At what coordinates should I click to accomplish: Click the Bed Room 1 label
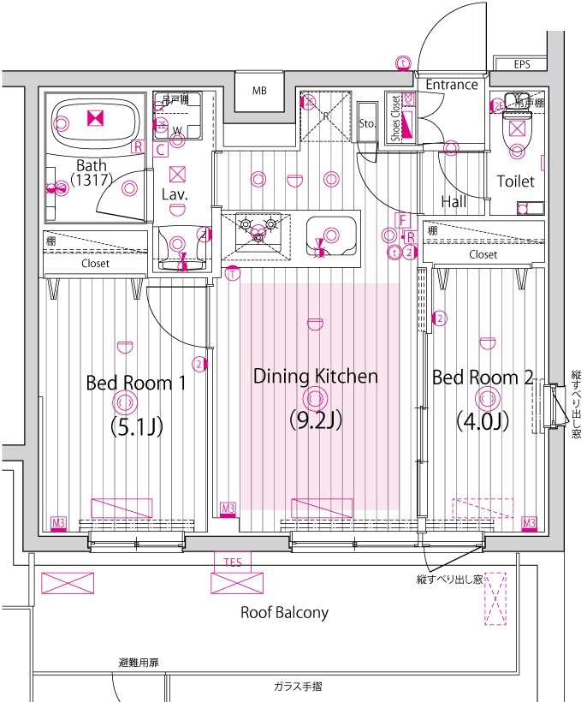pyautogui.click(x=136, y=382)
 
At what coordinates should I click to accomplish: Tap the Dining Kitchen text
pyautogui.click(x=316, y=376)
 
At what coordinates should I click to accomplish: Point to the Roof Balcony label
pyautogui.click(x=283, y=612)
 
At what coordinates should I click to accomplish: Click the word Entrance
pyautogui.click(x=451, y=85)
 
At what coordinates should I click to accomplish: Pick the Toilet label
pyautogui.click(x=515, y=181)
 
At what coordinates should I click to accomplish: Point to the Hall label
pyautogui.click(x=454, y=202)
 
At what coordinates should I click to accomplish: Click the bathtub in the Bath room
pyautogui.click(x=95, y=122)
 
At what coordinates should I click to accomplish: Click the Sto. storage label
pyautogui.click(x=367, y=124)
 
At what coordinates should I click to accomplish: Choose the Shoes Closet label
pyautogui.click(x=395, y=118)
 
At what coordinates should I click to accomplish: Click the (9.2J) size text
pyautogui.click(x=316, y=420)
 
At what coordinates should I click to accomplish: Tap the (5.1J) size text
pyautogui.click(x=136, y=425)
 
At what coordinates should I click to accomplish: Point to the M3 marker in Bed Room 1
pyautogui.click(x=58, y=522)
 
